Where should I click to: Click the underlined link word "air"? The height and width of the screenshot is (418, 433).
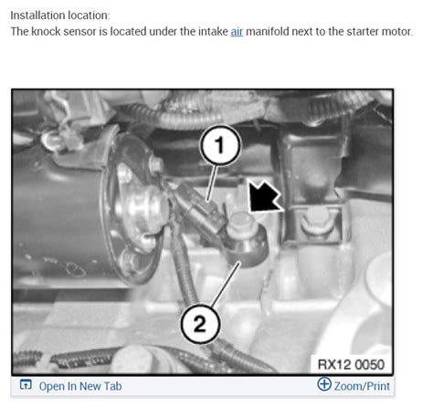tap(237, 32)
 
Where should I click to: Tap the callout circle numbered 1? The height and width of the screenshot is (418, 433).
tap(220, 145)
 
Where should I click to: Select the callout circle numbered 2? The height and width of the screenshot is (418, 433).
tap(200, 324)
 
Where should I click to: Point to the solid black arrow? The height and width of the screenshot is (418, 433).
tap(264, 196)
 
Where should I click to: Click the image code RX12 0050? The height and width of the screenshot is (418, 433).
tap(351, 364)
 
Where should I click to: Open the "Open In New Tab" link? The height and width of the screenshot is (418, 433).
tap(80, 386)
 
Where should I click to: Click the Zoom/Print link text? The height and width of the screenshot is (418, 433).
tap(362, 386)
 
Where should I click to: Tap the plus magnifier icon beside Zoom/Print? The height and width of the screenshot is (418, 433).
tap(324, 384)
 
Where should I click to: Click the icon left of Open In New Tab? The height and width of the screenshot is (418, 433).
tap(26, 385)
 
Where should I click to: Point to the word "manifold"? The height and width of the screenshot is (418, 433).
tap(268, 32)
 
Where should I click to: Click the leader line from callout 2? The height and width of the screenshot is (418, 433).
tap(226, 284)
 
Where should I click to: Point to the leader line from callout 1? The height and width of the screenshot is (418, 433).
tap(213, 183)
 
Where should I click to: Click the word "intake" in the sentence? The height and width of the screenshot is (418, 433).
tap(213, 32)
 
